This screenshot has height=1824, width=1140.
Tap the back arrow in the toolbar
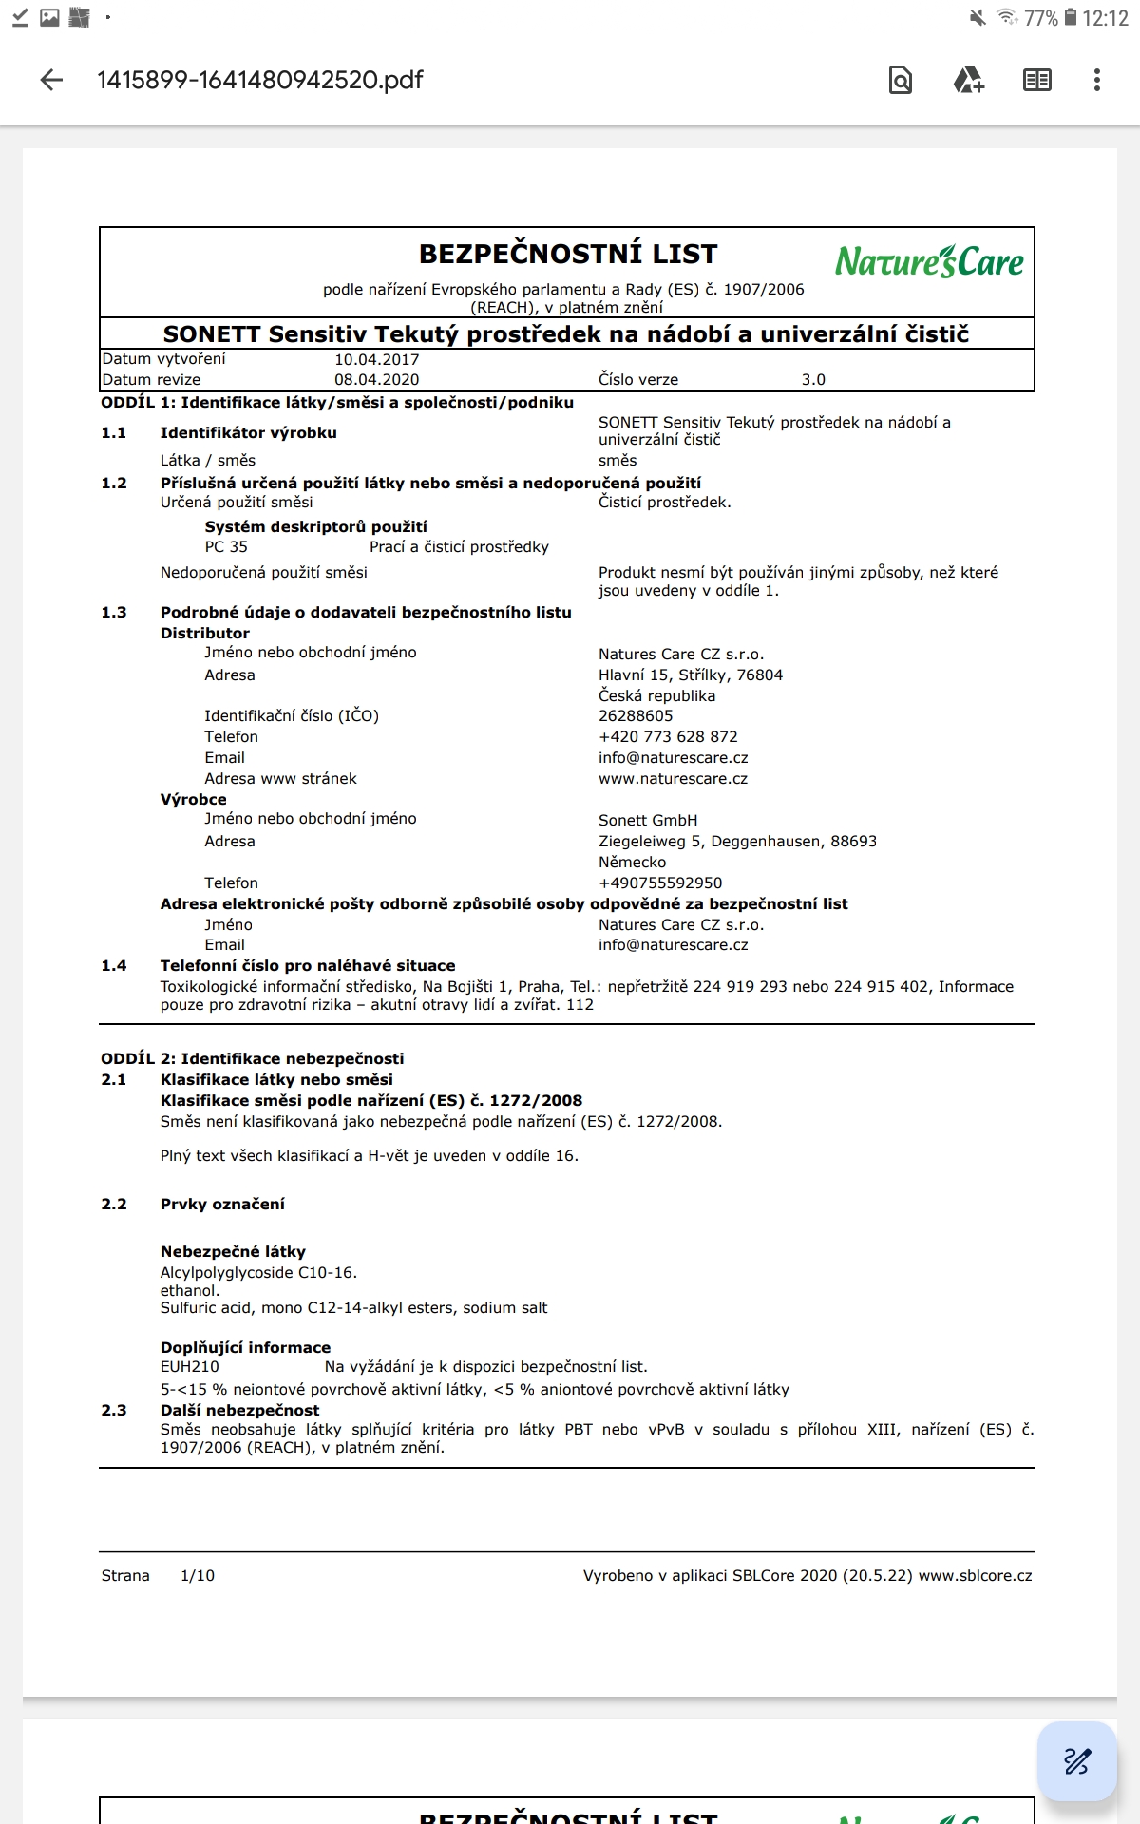[x=52, y=80]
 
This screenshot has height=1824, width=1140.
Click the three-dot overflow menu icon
[x=1096, y=80]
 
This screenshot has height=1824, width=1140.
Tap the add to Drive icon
[x=968, y=80]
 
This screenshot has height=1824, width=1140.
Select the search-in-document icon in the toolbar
[x=900, y=80]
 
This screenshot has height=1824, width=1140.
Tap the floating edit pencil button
[x=1076, y=1760]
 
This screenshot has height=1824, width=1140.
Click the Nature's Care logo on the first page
[x=929, y=261]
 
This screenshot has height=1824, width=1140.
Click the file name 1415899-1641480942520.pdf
[x=260, y=80]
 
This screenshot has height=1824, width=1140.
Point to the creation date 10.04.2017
[x=376, y=359]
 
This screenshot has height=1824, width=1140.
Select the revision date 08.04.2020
[x=376, y=379]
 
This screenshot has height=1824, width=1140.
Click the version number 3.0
[x=813, y=379]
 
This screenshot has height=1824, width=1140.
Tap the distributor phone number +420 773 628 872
[x=668, y=736]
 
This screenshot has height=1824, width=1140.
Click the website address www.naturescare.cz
[x=673, y=778]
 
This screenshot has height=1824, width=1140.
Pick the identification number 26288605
[x=636, y=715]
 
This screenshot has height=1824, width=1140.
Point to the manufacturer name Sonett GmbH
[x=648, y=820]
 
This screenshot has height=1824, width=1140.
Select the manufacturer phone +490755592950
[x=660, y=883]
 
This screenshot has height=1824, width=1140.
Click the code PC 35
[x=226, y=546]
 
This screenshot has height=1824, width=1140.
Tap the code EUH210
[x=190, y=1366]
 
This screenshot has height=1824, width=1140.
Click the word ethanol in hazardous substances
[x=189, y=1290]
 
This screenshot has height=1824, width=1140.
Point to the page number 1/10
[x=198, y=1575]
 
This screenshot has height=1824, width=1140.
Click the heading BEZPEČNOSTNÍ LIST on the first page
[x=568, y=255]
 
